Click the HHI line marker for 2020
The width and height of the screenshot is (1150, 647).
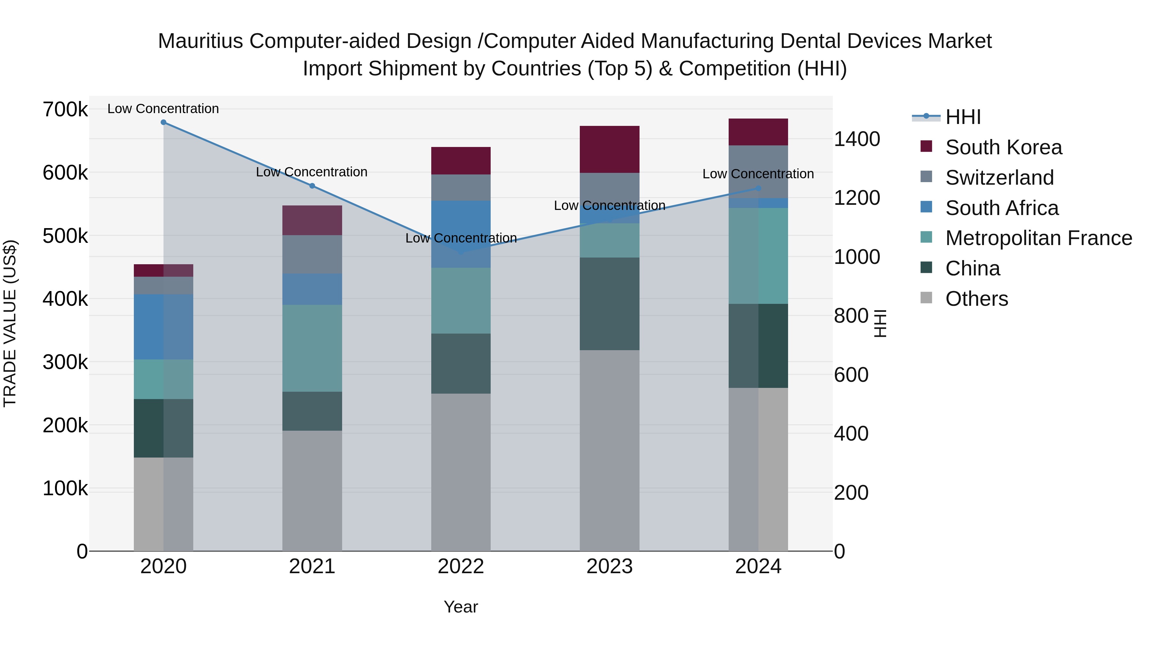[x=163, y=122]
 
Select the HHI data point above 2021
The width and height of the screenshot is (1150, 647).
[x=312, y=186]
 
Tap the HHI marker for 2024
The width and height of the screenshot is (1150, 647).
[x=758, y=189]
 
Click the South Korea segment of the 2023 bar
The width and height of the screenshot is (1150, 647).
[x=609, y=149]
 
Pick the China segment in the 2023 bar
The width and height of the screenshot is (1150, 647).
[x=609, y=304]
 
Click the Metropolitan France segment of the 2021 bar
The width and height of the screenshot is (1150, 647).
[x=312, y=348]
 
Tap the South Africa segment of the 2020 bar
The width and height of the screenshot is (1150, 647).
[x=163, y=327]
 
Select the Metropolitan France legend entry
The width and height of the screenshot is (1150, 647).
[x=1039, y=238]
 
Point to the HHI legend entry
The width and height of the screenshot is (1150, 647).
[x=962, y=117]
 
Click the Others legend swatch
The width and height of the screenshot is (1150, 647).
[x=926, y=298]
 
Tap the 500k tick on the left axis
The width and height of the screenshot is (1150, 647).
[x=65, y=236]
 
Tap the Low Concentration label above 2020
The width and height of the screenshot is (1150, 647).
[x=163, y=109]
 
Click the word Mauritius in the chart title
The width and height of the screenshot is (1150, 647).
[x=200, y=42]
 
